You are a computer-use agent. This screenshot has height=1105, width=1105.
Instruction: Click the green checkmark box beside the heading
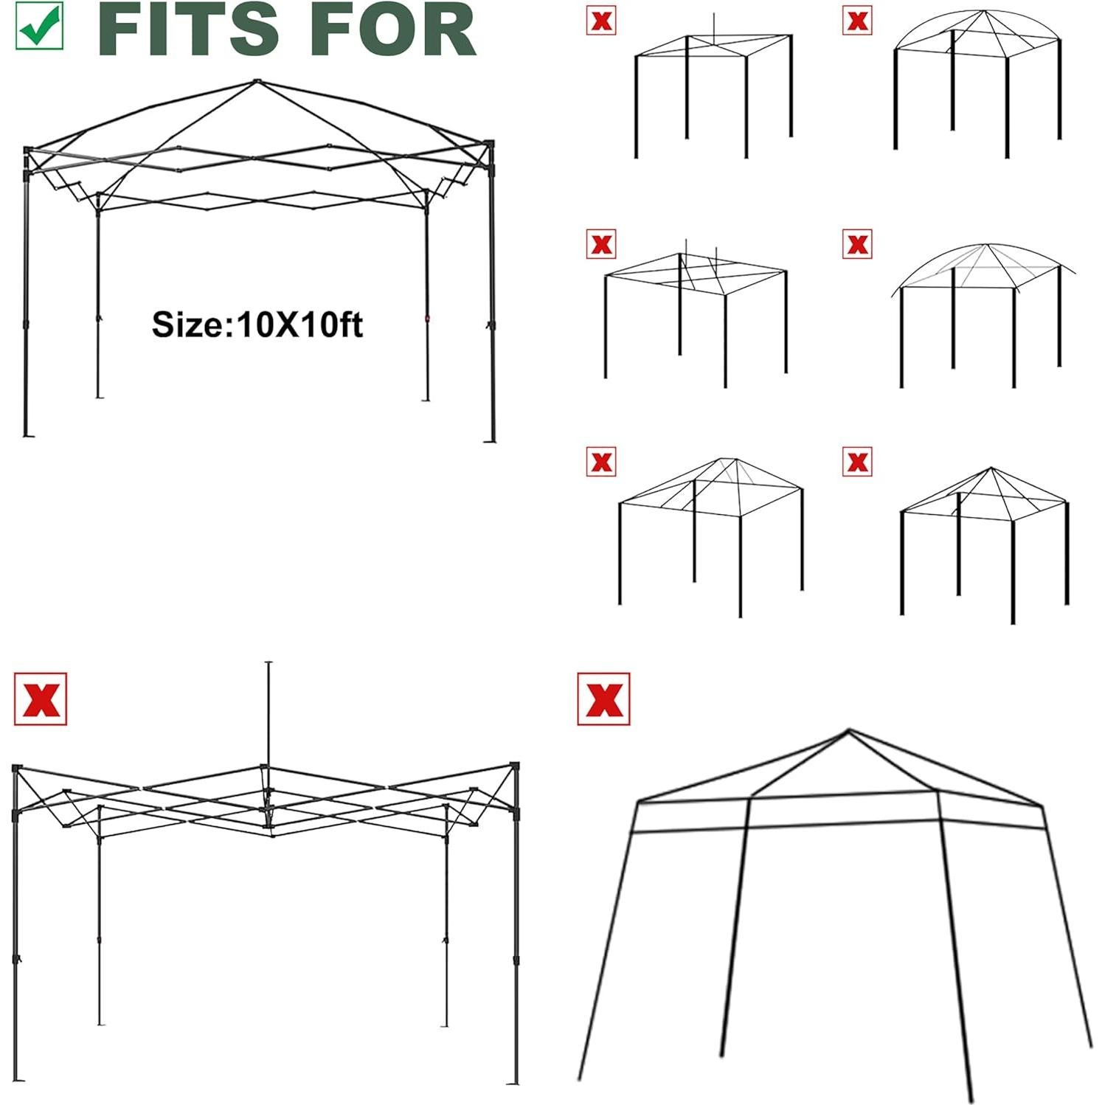click(x=40, y=26)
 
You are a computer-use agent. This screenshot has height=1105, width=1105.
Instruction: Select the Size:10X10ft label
click(x=257, y=325)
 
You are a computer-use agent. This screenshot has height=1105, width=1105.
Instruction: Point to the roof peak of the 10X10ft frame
click(x=257, y=81)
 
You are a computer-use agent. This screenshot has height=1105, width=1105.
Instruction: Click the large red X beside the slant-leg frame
click(x=603, y=699)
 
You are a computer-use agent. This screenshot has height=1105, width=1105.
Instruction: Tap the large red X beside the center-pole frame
click(x=41, y=699)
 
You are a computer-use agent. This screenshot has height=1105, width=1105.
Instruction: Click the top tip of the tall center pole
click(x=269, y=663)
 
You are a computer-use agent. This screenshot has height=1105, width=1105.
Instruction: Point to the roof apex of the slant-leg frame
click(x=848, y=731)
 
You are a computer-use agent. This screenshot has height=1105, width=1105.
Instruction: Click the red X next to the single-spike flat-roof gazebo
click(x=601, y=21)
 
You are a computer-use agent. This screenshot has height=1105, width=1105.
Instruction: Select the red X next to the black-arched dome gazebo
click(x=856, y=21)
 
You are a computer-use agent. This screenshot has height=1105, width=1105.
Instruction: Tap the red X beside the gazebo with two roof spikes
click(x=601, y=243)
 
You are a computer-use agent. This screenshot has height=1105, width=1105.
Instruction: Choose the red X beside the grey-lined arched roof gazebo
click(x=856, y=243)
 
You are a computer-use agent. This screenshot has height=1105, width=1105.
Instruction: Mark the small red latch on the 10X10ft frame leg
click(x=426, y=319)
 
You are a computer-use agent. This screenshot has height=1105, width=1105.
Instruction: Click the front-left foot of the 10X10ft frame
click(x=28, y=435)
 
